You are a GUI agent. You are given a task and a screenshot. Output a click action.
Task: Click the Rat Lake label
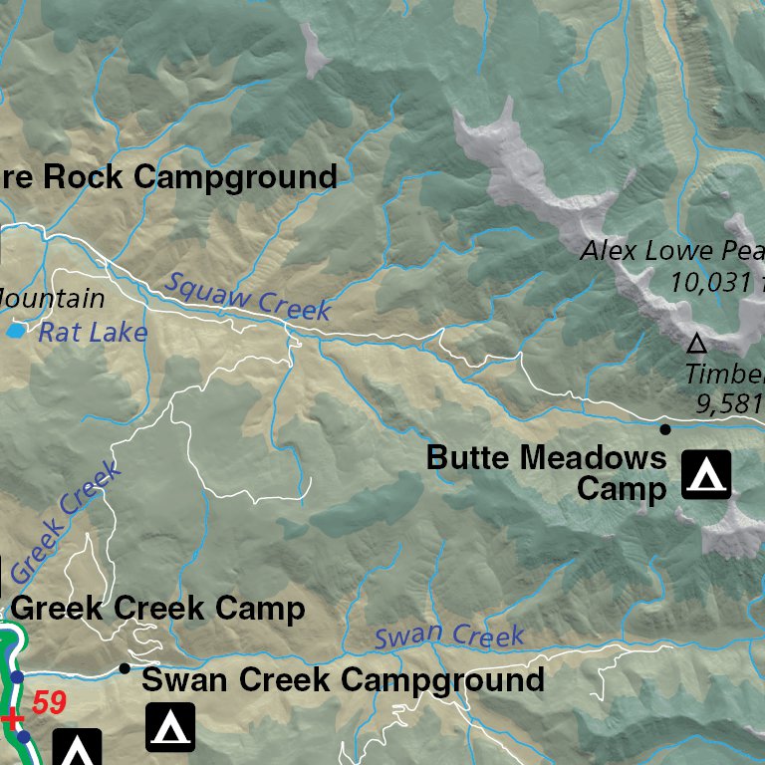(93, 332)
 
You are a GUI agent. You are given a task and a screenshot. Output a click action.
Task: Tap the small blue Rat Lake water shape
(15, 329)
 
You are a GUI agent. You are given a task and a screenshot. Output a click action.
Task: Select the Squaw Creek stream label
(247, 296)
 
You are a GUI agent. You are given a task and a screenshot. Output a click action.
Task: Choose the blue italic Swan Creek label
(449, 635)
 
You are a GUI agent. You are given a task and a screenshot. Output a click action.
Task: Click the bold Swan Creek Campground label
(343, 680)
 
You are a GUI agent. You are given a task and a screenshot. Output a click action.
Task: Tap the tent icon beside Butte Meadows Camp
(706, 474)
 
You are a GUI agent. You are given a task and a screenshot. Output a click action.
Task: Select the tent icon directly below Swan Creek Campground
(170, 727)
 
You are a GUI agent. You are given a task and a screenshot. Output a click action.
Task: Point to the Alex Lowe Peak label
(672, 250)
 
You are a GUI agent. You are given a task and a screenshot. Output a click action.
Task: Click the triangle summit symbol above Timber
(697, 345)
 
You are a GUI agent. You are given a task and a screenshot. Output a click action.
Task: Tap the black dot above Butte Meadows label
(665, 429)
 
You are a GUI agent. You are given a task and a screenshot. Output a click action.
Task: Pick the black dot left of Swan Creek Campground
(125, 668)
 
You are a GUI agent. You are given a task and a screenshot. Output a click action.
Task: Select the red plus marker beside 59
(11, 718)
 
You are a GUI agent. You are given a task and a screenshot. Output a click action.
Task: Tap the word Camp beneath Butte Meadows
(621, 489)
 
